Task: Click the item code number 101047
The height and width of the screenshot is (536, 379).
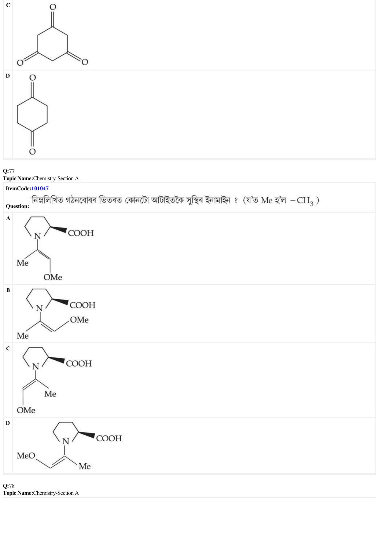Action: (x=40, y=188)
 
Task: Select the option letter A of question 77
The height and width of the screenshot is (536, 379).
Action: (x=8, y=218)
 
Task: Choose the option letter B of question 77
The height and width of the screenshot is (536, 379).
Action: (x=8, y=290)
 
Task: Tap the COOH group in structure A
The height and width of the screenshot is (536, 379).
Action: (x=81, y=233)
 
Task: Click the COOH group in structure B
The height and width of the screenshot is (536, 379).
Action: (x=83, y=305)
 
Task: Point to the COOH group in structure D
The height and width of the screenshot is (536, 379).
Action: (x=109, y=438)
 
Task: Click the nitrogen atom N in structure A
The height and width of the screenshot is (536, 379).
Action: (x=37, y=236)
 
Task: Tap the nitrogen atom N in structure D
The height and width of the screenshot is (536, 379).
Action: (x=65, y=441)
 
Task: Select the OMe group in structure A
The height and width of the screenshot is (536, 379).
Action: (x=53, y=277)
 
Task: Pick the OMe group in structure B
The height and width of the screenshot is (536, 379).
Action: (x=79, y=320)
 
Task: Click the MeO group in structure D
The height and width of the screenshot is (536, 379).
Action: (x=26, y=456)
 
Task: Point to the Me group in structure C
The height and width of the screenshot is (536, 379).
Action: (x=50, y=394)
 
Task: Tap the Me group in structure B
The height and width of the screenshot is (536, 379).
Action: (x=23, y=336)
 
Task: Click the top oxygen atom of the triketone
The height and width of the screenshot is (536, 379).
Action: (x=53, y=7)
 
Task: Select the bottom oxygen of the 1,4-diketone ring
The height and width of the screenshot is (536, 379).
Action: (x=32, y=151)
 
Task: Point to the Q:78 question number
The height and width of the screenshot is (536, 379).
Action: (x=9, y=486)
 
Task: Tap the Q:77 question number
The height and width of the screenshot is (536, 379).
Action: (x=9, y=171)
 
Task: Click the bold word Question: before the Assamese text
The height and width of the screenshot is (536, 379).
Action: (x=17, y=206)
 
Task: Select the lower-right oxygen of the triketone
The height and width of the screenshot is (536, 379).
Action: (x=85, y=62)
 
